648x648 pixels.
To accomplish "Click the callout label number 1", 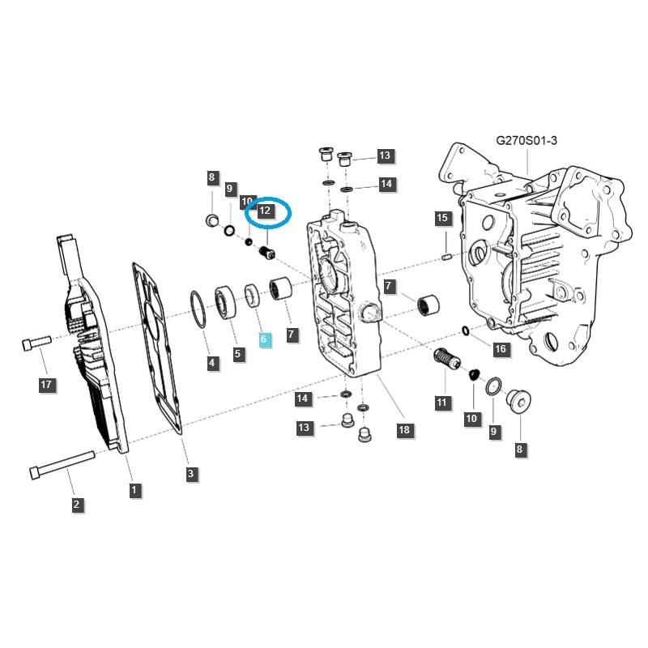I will tap(134, 489).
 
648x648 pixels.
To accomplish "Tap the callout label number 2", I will tap(76, 505).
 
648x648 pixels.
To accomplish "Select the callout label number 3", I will tap(191, 474).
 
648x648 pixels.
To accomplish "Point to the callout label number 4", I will tap(212, 363).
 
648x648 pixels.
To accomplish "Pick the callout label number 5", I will tap(238, 354).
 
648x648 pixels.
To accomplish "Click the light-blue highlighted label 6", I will tap(264, 339).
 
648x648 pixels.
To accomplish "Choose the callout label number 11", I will tap(441, 401).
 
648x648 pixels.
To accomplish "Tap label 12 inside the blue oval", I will tap(264, 211).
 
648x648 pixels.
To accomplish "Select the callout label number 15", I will tap(441, 218).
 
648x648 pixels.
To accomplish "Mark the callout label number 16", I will tap(500, 349).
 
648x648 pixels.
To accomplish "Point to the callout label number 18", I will tap(403, 429).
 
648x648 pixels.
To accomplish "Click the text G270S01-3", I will tap(526, 140).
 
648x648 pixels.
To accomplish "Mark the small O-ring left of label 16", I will tap(464, 330).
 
